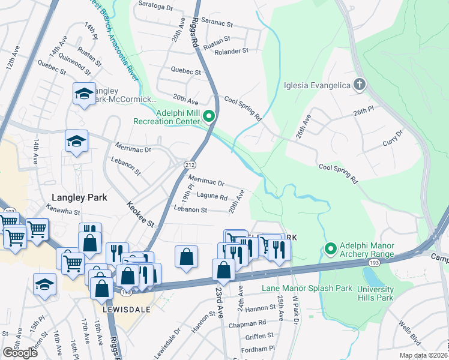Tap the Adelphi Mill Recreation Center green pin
point(209,116)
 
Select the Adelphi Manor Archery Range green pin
point(330,248)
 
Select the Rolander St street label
point(232,52)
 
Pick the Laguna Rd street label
point(212,196)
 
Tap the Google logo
point(20,353)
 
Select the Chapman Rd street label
point(242,325)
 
